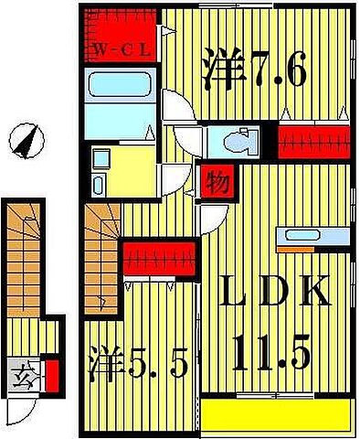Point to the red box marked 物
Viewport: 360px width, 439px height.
coord(216,180)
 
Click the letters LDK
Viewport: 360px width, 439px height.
coord(274,295)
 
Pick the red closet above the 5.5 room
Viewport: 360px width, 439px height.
coord(159,257)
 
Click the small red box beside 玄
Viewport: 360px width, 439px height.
coord(52,375)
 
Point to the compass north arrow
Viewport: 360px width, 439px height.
coord(27,141)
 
